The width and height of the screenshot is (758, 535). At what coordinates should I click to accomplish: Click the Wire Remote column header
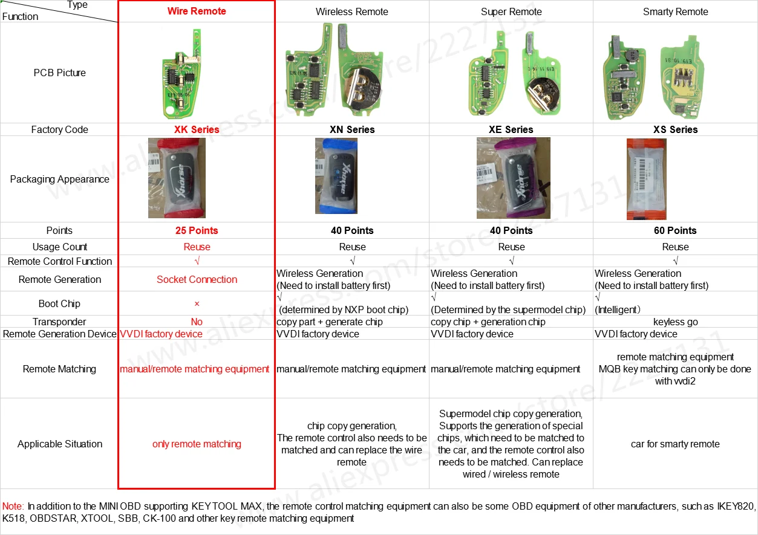tap(197, 11)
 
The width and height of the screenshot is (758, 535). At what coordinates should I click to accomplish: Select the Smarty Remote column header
tap(675, 12)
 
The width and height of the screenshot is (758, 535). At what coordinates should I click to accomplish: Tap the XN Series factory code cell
tap(352, 130)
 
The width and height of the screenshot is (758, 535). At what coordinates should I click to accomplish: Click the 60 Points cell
tap(675, 231)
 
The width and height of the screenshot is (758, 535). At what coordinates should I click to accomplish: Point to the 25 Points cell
tap(197, 231)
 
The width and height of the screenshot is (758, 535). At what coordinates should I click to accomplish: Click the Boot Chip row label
tap(59, 304)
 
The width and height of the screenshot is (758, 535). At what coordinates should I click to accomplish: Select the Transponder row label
tap(59, 322)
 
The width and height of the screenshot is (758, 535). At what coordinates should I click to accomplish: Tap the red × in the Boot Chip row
tap(197, 304)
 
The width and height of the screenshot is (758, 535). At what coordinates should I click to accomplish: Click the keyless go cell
tap(675, 322)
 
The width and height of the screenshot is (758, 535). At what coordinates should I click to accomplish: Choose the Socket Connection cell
tap(197, 280)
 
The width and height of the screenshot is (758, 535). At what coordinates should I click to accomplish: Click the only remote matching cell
tap(197, 444)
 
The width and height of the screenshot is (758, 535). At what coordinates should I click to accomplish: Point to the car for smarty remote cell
tap(675, 444)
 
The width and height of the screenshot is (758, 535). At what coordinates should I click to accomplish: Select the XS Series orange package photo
tap(646, 179)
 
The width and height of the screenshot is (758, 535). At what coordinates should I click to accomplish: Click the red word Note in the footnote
tap(13, 507)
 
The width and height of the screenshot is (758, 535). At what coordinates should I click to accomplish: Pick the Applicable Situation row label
tap(60, 444)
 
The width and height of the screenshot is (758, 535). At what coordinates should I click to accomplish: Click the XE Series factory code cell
tap(511, 130)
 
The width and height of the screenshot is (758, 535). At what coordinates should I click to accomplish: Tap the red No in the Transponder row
tap(197, 322)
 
